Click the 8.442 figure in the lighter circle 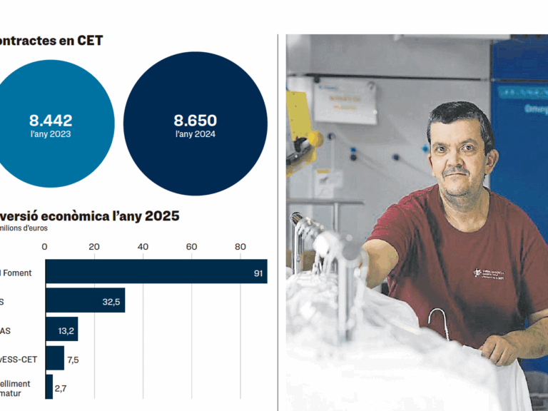coord(51,121)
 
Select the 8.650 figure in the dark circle coord(196,121)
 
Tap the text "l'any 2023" coord(51,134)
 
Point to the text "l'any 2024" coord(196,134)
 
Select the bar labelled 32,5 coord(85,301)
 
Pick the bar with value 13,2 coord(61,330)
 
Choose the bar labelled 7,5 coord(54,359)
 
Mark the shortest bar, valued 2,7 coord(49,387)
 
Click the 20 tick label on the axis coord(93,247)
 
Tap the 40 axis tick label coord(143,247)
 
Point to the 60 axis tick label coord(191,247)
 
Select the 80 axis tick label coord(240,247)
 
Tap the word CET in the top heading coord(90,41)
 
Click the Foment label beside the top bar coord(21,273)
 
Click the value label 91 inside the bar coord(258,273)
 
